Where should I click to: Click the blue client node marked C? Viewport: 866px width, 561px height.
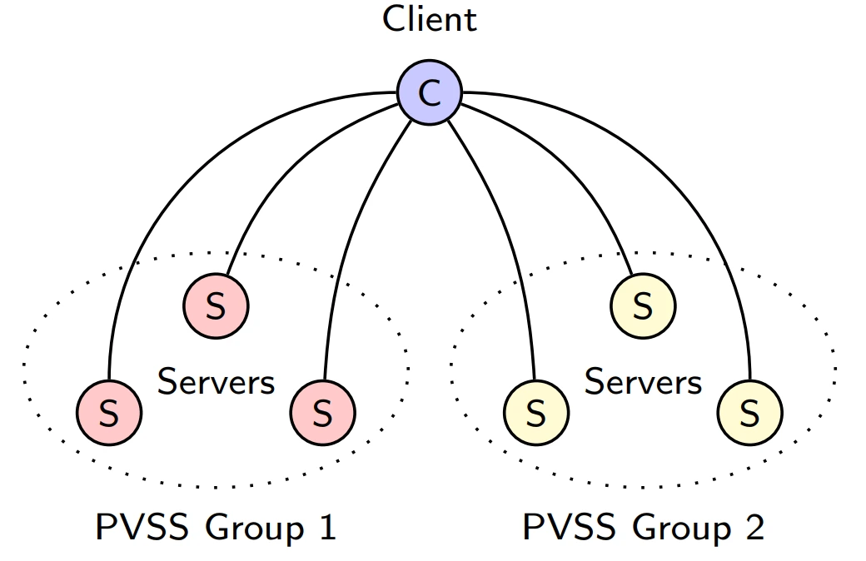[x=429, y=92]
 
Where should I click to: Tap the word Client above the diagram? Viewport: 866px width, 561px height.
[x=429, y=19]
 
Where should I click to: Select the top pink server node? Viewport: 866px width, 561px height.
[x=216, y=306]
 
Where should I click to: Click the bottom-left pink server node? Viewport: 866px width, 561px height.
[x=109, y=413]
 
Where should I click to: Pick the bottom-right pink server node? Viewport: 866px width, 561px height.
[x=323, y=413]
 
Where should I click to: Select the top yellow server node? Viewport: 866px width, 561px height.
[x=643, y=306]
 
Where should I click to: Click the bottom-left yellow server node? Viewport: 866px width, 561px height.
[x=535, y=413]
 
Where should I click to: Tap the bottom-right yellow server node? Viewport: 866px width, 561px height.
[x=750, y=413]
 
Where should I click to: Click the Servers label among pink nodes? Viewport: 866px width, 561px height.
[x=216, y=381]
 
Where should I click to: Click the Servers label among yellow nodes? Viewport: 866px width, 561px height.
[x=643, y=381]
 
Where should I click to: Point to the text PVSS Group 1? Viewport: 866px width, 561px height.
[x=216, y=527]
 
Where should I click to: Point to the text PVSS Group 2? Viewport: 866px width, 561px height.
[x=644, y=527]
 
